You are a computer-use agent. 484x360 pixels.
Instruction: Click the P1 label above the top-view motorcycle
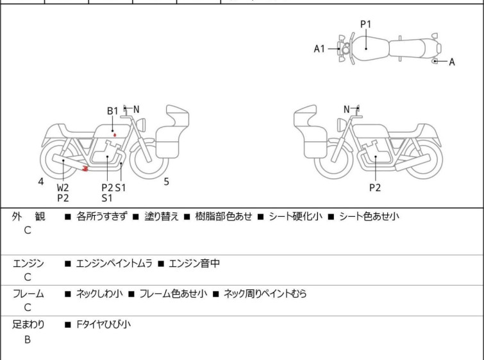(x=365, y=24)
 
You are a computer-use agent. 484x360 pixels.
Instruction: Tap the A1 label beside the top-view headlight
(x=319, y=49)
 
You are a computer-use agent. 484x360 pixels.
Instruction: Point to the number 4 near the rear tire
(x=41, y=182)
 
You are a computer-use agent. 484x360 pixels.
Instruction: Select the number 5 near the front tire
(x=166, y=182)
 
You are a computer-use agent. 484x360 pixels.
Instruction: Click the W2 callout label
(x=63, y=188)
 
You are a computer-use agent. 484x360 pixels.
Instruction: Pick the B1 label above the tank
(x=113, y=111)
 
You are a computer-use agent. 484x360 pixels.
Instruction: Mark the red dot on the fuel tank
(x=115, y=135)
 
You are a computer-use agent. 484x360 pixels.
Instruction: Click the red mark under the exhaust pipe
(x=86, y=169)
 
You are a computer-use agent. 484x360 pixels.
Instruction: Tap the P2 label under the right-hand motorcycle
(x=375, y=188)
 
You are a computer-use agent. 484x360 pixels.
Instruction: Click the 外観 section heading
(x=28, y=217)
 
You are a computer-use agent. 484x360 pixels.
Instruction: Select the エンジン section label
(x=28, y=263)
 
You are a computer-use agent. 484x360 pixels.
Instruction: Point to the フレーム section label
(x=28, y=294)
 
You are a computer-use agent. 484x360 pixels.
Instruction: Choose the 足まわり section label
(x=28, y=325)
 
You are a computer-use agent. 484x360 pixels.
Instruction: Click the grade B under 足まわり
(x=28, y=339)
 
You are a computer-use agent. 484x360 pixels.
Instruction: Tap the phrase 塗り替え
(x=161, y=217)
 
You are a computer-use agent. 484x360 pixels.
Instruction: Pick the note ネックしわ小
(x=99, y=294)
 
